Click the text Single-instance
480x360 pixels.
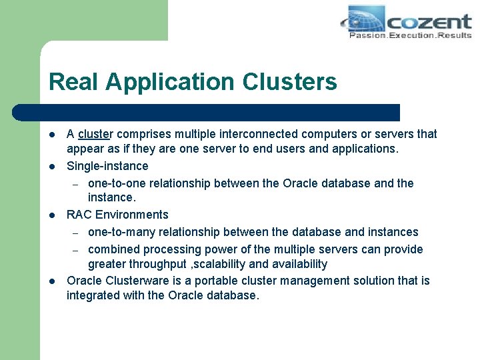tap(107, 166)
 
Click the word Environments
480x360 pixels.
tap(132, 215)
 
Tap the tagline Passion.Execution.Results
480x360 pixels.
tap(410, 35)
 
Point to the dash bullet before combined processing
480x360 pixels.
tap(76, 250)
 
